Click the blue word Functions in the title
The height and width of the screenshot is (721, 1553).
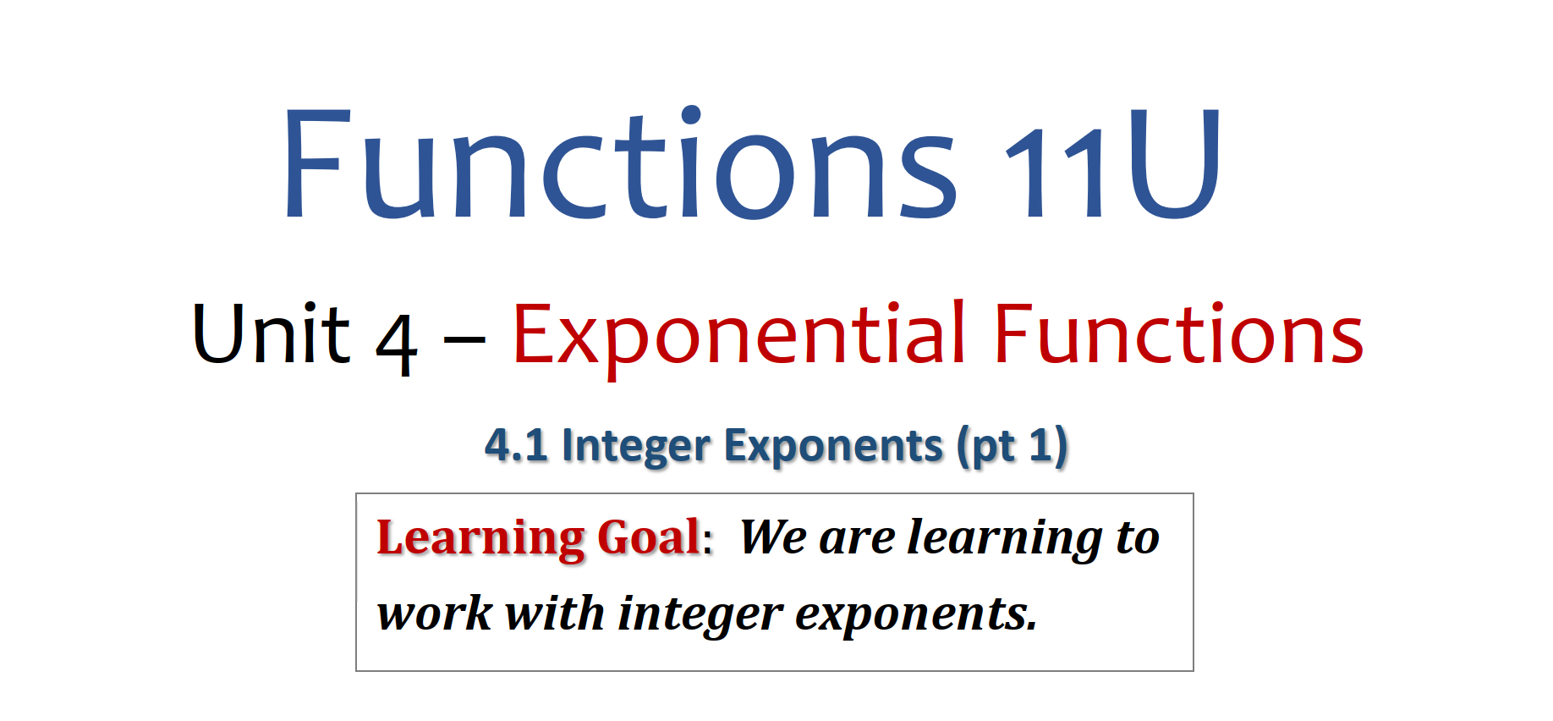coord(620,162)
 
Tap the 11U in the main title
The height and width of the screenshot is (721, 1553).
coord(1112,162)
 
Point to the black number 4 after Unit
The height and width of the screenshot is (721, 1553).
coord(397,344)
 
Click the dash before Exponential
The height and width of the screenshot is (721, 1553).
coord(464,341)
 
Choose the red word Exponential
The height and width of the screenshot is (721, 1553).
coord(739,335)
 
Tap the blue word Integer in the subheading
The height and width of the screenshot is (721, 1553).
coord(635,446)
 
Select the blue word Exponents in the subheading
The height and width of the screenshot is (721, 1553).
coord(833,446)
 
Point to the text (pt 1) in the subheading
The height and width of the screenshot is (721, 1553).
coord(1012,446)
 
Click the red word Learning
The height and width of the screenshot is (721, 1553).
coord(480,538)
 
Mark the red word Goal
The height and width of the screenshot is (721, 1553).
coord(649,537)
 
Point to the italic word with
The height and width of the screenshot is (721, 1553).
coord(554,612)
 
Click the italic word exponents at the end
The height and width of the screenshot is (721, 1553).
coord(916,615)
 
